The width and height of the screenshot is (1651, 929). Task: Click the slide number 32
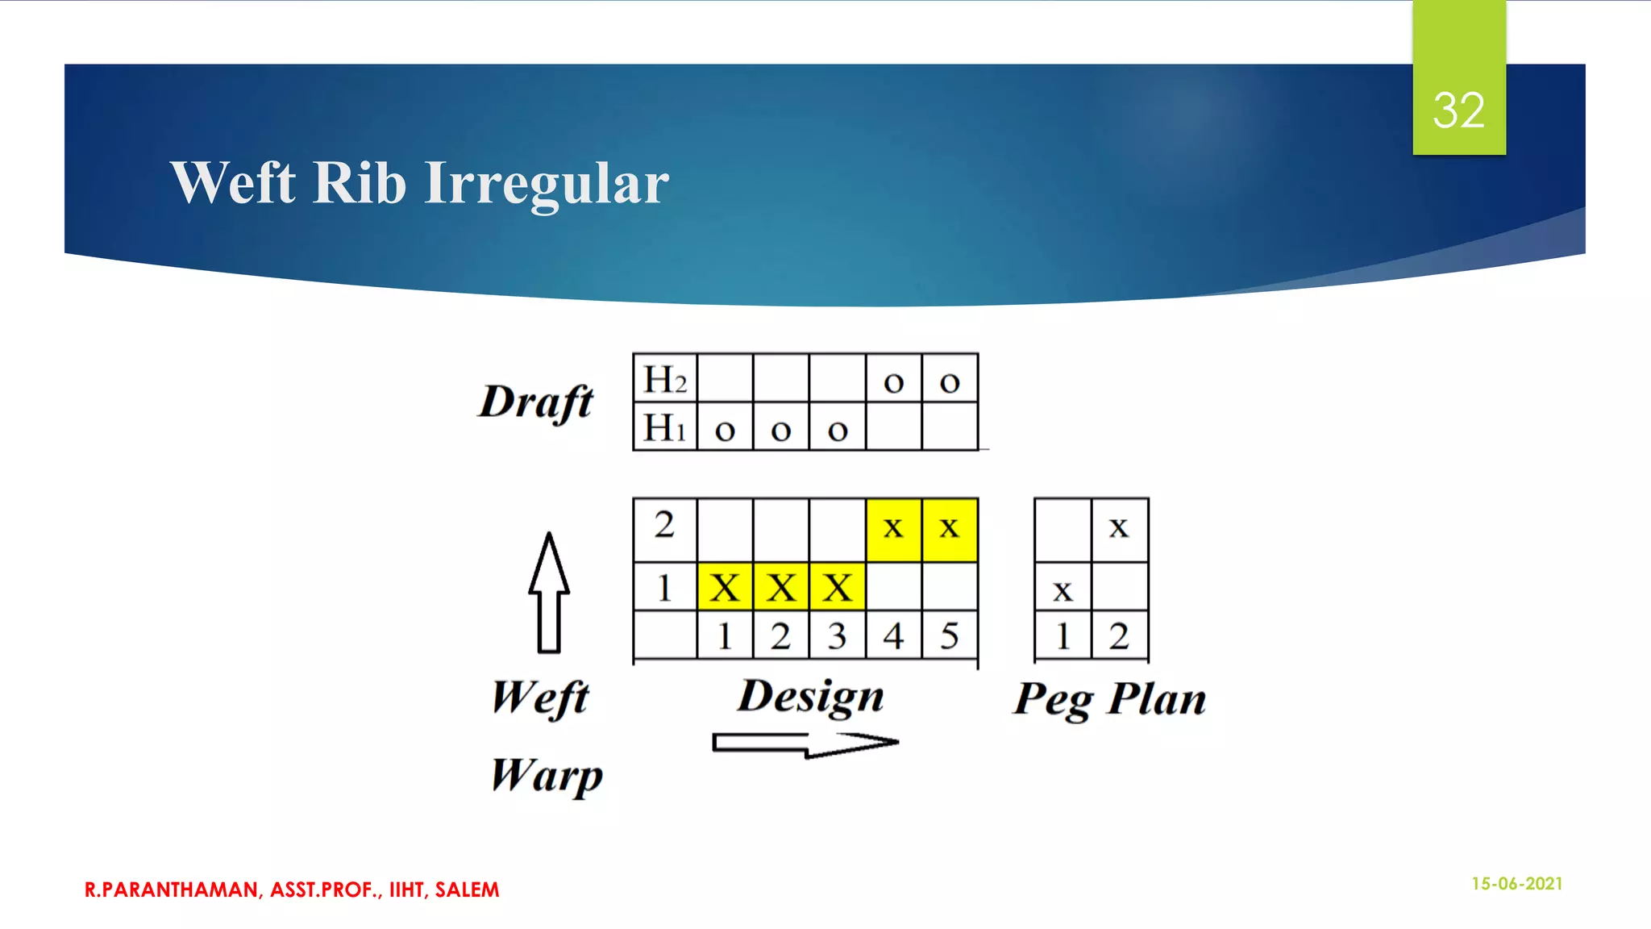pos(1458,110)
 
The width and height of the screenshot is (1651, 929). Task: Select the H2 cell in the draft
pos(665,378)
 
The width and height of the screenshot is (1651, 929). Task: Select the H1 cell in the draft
pos(665,427)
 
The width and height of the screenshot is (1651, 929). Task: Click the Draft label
pos(536,402)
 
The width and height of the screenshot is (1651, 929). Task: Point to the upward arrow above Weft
pos(549,592)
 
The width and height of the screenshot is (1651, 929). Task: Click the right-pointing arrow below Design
pos(805,743)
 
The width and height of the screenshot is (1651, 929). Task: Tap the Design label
pos(811,697)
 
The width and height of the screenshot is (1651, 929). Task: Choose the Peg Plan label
pos(1110,699)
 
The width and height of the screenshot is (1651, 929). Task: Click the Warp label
pos(547,776)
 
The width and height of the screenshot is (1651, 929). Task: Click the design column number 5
pos(950,636)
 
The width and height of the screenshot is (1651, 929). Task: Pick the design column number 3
pos(837,636)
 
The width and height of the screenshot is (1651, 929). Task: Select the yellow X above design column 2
pos(780,587)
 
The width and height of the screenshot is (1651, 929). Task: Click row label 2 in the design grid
pos(664,525)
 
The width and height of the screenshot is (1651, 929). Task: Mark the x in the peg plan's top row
pos(1119,528)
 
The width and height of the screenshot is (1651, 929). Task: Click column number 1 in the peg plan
pos(1063,636)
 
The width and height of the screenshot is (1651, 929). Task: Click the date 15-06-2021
pos(1516,884)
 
